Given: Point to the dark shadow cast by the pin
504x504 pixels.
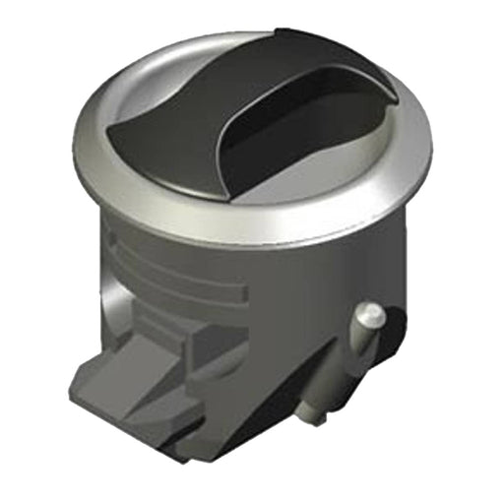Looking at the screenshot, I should pyautogui.click(x=392, y=330).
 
